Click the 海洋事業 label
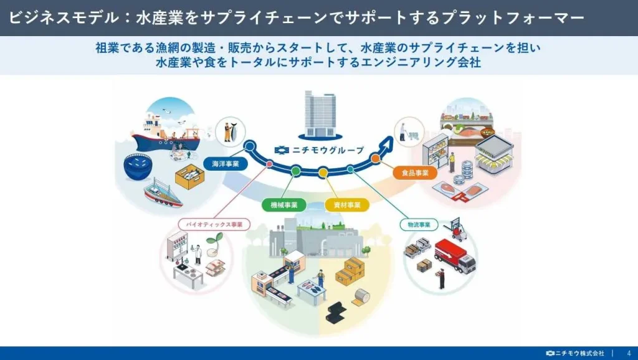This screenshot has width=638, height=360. click(x=226, y=164)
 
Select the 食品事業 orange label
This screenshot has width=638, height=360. click(x=415, y=173)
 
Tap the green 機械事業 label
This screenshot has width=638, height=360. click(x=283, y=205)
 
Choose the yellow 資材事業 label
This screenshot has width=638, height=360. click(x=347, y=205)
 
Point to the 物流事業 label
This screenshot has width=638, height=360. click(x=419, y=225)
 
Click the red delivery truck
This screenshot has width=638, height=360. click(x=454, y=255)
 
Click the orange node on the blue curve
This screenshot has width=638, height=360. click(x=376, y=159)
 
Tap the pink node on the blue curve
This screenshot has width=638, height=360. click(x=269, y=164)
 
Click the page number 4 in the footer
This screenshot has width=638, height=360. click(x=629, y=353)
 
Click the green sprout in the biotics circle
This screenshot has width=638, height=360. click(x=215, y=239)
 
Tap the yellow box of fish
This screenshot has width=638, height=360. click(x=189, y=176)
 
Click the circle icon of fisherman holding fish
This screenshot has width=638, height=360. click(x=231, y=131)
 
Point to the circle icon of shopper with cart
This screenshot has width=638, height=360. click(x=409, y=132)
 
